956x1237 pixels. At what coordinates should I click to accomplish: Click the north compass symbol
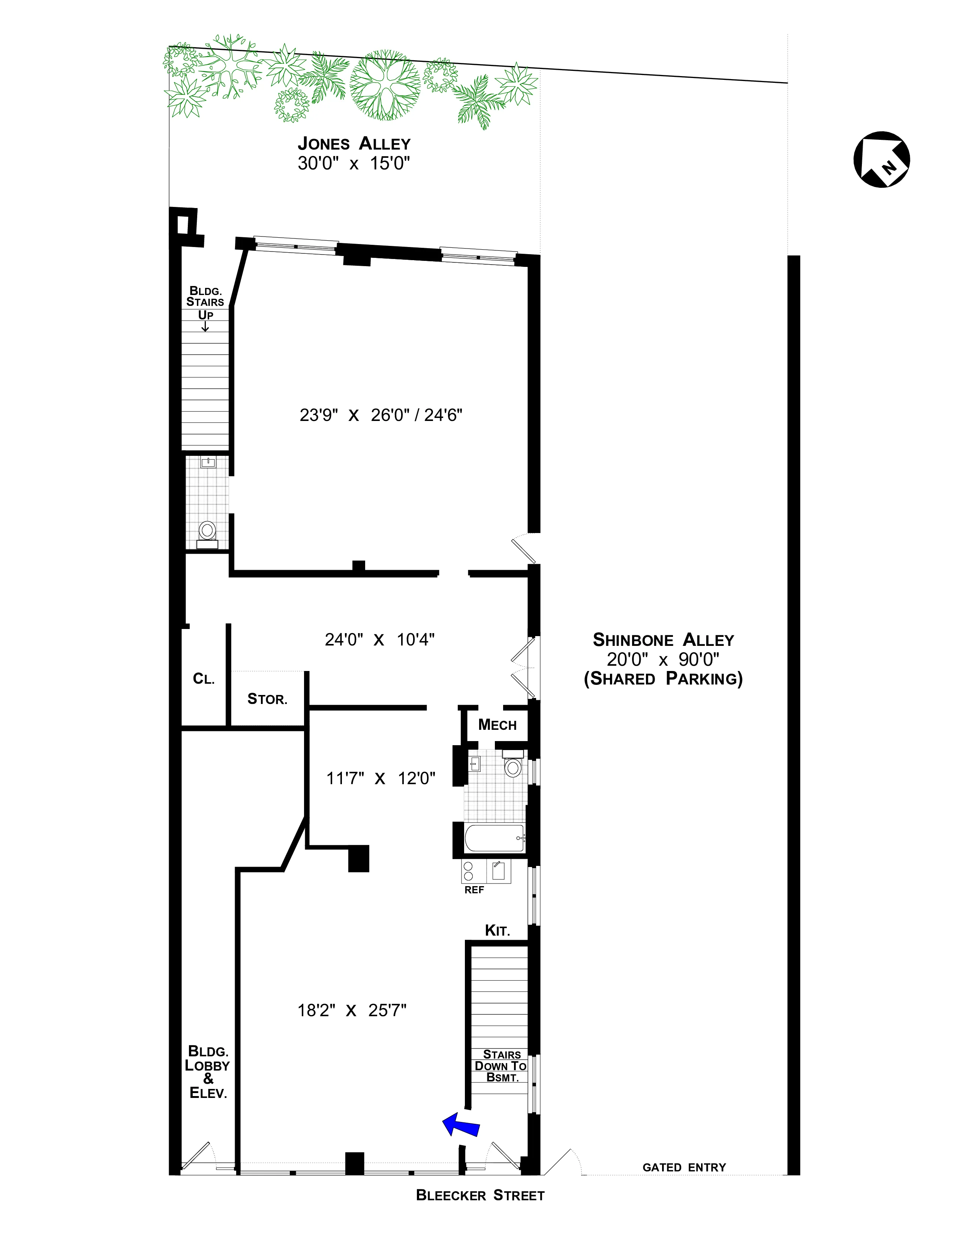[x=881, y=160]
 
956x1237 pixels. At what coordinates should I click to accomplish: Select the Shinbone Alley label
[x=663, y=640]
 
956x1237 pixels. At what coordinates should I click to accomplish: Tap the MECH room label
[x=497, y=725]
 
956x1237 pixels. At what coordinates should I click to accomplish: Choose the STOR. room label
[x=267, y=699]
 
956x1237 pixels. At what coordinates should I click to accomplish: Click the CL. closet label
[x=204, y=678]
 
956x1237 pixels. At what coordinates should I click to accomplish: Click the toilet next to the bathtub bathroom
[x=512, y=767]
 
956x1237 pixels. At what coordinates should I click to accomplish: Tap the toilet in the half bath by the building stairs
[x=207, y=531]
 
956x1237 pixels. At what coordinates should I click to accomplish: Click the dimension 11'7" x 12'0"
[x=381, y=778]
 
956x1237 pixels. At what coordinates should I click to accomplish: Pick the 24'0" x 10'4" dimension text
[x=379, y=639]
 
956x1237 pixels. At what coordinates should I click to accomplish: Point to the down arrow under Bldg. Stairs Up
[x=205, y=327]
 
